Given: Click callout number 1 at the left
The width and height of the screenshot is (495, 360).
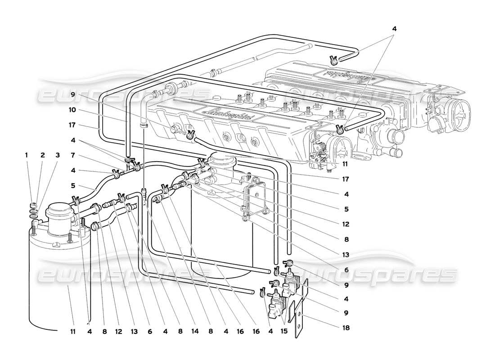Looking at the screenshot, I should click(27, 155).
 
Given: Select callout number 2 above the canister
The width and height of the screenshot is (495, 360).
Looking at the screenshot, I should click(43, 155).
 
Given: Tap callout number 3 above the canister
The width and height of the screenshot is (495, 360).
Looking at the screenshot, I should click(58, 155).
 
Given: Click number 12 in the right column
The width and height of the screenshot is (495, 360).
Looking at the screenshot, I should click(345, 224).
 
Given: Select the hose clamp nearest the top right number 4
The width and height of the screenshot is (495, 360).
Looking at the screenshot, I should click(333, 58).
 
